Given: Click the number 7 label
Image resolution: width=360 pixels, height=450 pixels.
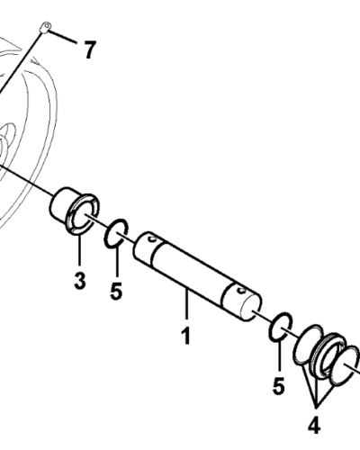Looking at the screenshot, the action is click(x=89, y=49).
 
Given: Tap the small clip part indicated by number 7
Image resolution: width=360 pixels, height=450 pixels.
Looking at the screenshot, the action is click(x=45, y=27).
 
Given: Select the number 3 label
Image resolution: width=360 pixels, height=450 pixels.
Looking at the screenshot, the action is click(x=80, y=281).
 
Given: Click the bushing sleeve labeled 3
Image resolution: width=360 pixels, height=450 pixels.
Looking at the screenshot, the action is click(x=74, y=210).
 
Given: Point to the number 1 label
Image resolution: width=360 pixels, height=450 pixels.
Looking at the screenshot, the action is click(x=186, y=335).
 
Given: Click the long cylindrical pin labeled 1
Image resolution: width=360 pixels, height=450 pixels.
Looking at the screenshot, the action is click(x=197, y=276).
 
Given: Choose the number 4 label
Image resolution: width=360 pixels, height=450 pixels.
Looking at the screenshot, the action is click(x=314, y=426).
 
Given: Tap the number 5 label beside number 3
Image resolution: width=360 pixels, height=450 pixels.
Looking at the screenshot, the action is click(x=116, y=291).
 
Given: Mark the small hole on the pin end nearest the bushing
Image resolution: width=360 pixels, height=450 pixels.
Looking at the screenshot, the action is click(x=153, y=238).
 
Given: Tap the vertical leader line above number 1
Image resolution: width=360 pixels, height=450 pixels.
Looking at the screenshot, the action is click(x=186, y=303).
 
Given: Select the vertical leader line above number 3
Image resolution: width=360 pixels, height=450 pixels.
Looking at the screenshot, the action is click(x=79, y=250).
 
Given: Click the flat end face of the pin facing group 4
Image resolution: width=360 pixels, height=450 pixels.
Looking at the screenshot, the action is click(x=250, y=308).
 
